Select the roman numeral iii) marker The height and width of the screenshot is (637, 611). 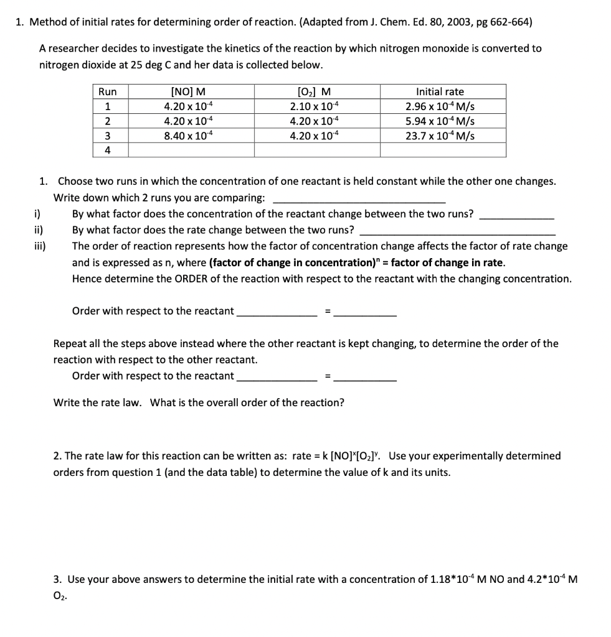point(39,246)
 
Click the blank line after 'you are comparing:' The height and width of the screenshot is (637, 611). point(359,198)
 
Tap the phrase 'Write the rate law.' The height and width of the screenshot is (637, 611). point(98,402)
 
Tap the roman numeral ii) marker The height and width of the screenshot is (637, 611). point(39,230)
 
